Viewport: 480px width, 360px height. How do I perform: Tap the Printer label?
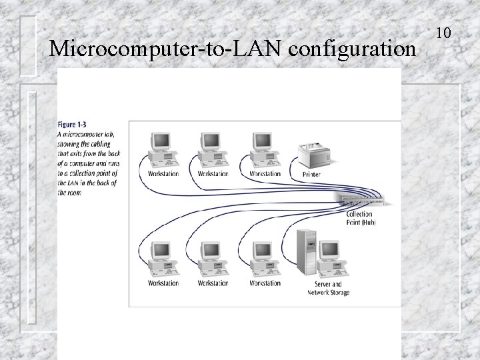311,175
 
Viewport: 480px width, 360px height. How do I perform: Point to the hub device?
364,199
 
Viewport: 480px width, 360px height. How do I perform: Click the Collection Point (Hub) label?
361,218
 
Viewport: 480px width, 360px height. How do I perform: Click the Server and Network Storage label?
328,288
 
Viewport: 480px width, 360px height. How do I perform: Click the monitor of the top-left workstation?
161,141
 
